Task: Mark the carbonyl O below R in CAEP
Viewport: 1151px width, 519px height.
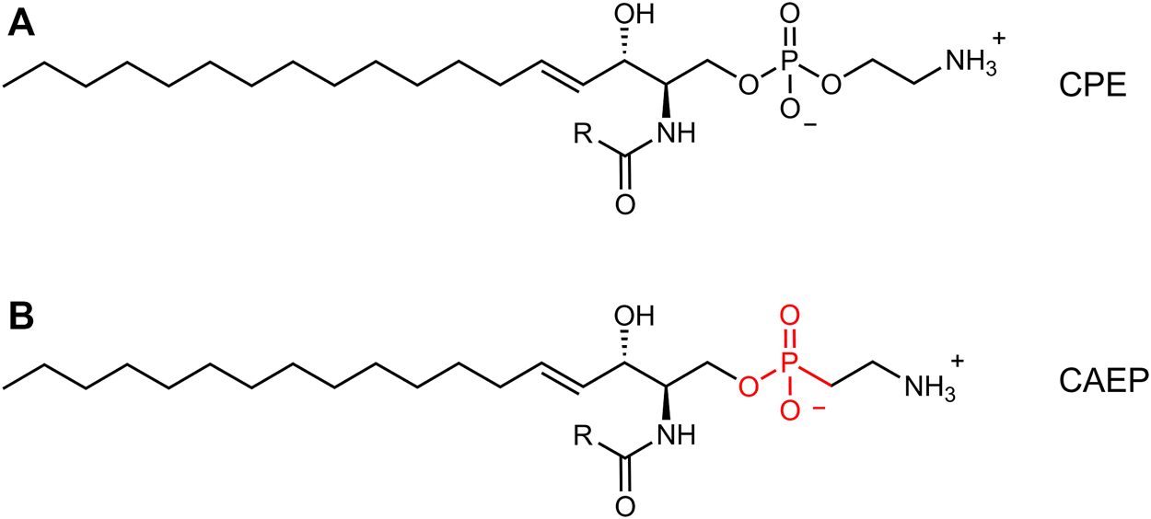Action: click(x=625, y=506)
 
